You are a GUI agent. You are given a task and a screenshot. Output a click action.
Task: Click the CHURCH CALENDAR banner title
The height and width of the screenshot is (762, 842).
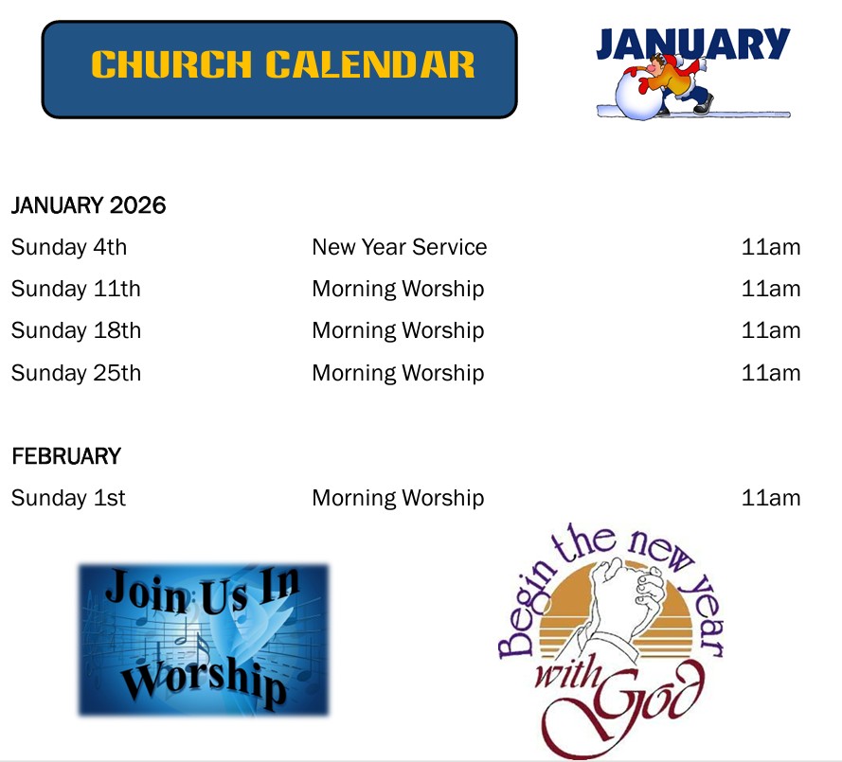point(282,64)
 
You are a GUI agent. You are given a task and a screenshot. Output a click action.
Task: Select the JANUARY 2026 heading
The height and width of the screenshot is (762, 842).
point(89,205)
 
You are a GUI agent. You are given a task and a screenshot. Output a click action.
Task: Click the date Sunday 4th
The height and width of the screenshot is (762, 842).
point(69,247)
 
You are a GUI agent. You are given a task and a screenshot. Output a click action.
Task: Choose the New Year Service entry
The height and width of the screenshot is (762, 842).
point(400,247)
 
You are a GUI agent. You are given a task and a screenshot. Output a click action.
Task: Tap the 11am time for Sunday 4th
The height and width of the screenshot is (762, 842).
point(771,247)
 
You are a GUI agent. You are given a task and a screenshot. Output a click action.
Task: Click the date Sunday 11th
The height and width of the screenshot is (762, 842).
point(76,290)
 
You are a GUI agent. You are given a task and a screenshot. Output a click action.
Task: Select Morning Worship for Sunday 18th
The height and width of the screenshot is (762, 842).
point(398,331)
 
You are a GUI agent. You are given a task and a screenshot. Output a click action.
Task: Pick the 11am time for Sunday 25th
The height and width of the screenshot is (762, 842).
point(771,373)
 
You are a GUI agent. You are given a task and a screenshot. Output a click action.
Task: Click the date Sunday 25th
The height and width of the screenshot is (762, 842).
point(76,374)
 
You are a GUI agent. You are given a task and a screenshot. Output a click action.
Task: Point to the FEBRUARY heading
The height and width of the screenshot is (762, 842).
point(66,456)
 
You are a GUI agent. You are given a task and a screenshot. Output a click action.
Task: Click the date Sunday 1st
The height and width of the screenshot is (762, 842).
point(68,499)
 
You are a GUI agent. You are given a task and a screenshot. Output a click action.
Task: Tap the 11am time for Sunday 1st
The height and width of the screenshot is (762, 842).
point(771,498)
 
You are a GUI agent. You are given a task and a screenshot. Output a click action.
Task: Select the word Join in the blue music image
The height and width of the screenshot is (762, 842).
point(146,592)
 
